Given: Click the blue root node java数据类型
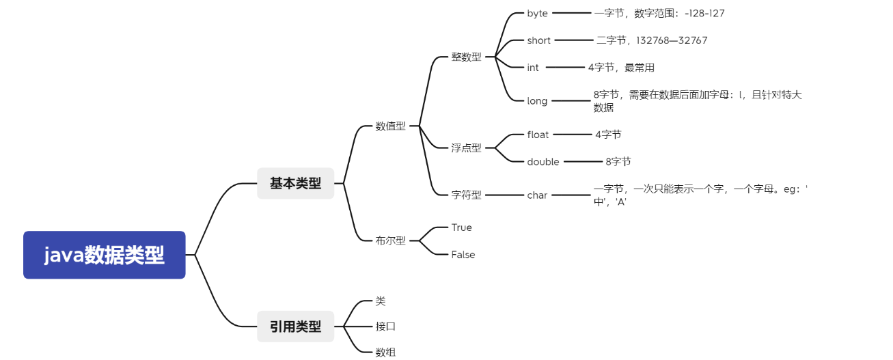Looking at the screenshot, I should (x=104, y=255).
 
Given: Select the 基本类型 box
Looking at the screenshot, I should (x=295, y=183).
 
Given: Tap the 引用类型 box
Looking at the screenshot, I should (x=295, y=327).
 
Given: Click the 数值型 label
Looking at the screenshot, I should (x=390, y=126).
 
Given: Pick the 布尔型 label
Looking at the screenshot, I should (x=390, y=240).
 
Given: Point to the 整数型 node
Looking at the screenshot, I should (x=466, y=57).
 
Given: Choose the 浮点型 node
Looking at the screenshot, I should (x=466, y=148).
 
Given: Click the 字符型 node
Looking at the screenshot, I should (x=466, y=195).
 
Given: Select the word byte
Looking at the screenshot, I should (x=537, y=13).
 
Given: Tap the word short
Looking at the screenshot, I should (x=538, y=40).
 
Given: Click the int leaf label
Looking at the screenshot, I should (x=533, y=68).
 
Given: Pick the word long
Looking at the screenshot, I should (x=537, y=101).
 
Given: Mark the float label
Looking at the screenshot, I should (x=538, y=135).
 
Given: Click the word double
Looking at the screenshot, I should (x=543, y=162).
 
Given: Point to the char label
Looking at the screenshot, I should (x=537, y=195).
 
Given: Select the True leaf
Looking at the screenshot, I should (x=461, y=227).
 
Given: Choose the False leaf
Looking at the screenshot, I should (x=463, y=255).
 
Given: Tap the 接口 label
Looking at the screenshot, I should (x=385, y=327).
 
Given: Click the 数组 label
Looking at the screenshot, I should (x=385, y=352).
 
